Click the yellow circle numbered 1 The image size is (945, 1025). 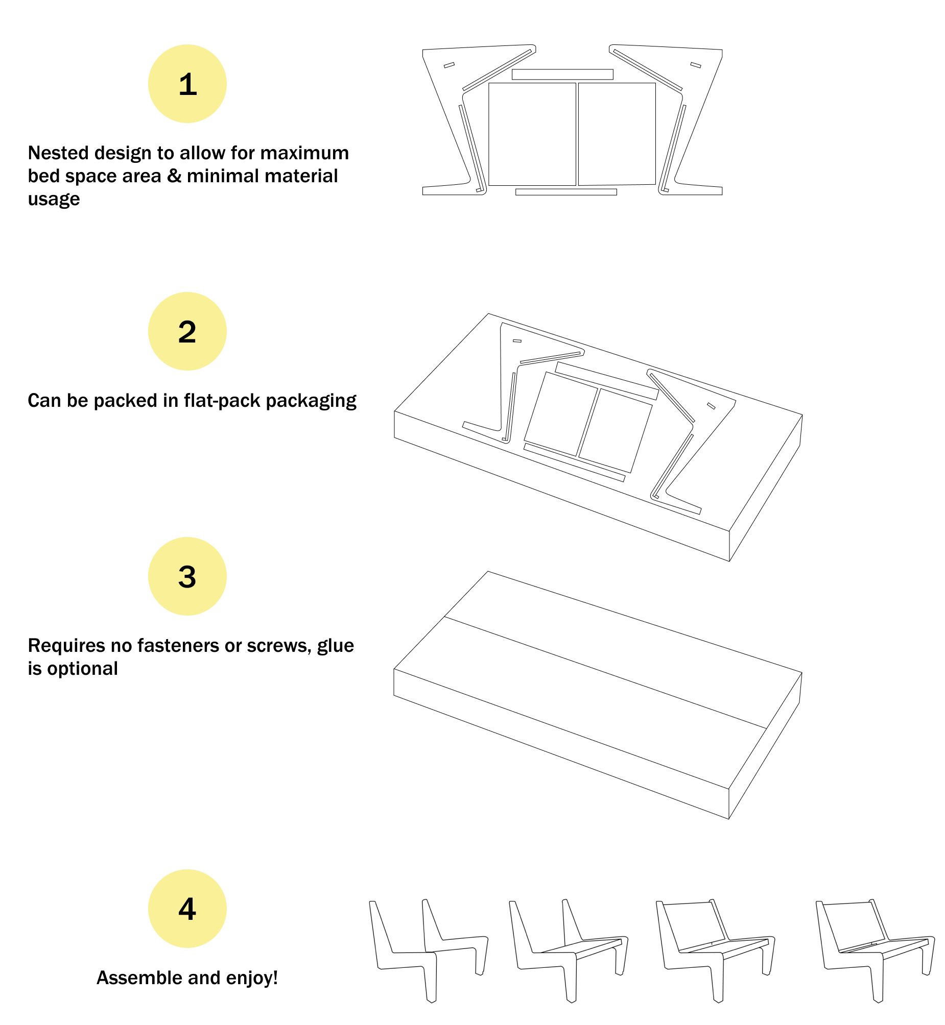187,84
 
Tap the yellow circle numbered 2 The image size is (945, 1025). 187,332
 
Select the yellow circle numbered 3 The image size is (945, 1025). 187,577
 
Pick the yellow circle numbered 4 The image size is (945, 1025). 187,909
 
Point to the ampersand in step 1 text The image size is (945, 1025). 174,176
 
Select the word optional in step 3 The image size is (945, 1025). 82,669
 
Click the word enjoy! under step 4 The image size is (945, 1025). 251,978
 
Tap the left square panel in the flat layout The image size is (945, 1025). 532,134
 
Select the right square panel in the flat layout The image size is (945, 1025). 617,134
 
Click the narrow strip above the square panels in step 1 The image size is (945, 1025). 562,75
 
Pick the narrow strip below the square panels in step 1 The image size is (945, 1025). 566,192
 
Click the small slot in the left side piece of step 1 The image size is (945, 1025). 449,65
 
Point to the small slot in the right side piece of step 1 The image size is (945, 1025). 695,65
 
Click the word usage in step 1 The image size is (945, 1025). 54,199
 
